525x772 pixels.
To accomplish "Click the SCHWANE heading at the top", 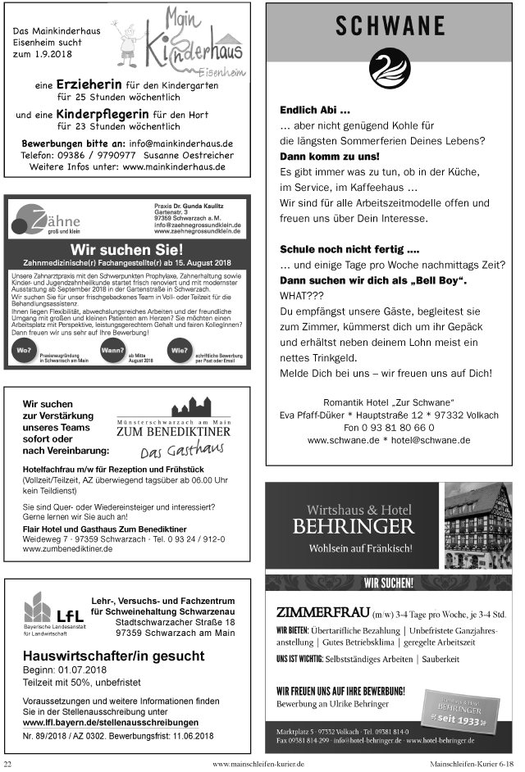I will click(x=390, y=26).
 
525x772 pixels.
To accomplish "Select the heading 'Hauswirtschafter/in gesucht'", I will click(x=113, y=656).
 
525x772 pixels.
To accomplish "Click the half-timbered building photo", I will click(x=477, y=525).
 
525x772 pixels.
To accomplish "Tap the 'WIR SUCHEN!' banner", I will click(x=389, y=584).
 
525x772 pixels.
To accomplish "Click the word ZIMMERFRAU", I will click(x=322, y=612).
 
